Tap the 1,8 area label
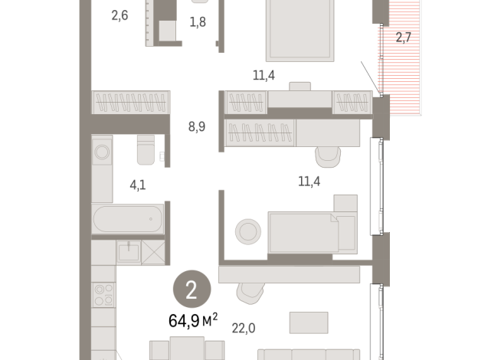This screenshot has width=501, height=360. [198, 22]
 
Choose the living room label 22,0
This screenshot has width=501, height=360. [242, 328]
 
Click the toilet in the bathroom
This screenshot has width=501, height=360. [146, 149]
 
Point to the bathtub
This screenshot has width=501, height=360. [128, 219]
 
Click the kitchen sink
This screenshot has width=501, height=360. [128, 251]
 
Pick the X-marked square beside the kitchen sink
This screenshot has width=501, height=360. [153, 251]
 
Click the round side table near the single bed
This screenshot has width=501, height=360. [247, 231]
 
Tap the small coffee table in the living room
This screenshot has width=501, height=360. [309, 322]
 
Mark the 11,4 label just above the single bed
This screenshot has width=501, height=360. [309, 182]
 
